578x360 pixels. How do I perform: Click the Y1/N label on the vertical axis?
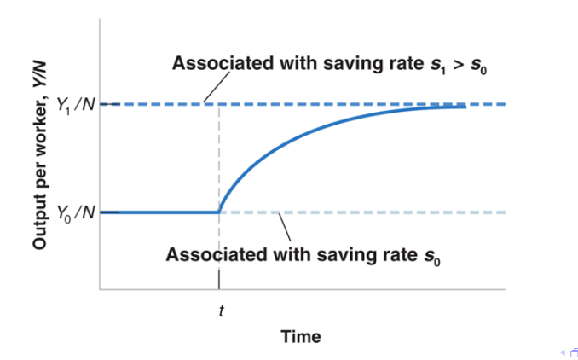(x=75, y=105)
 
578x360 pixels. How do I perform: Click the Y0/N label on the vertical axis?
(x=75, y=212)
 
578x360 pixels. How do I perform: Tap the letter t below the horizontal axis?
(x=220, y=311)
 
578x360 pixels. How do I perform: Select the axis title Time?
(x=301, y=337)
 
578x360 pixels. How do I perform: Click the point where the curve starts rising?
(x=220, y=212)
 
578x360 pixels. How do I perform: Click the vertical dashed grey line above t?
(x=220, y=154)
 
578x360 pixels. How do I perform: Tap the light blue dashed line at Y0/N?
(x=384, y=212)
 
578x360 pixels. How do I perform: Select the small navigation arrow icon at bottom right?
(x=563, y=352)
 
